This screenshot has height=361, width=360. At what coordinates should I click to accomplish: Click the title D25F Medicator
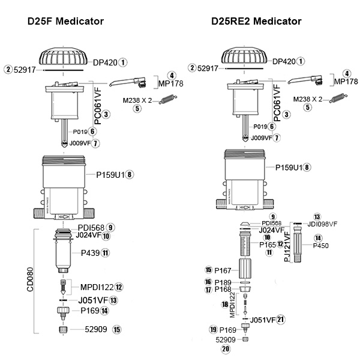pos(66,22)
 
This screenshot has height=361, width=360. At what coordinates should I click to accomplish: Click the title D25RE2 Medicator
pos(256,22)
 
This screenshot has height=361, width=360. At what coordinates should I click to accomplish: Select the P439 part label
pos(89,253)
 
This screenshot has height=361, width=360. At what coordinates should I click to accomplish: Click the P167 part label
pos(223,270)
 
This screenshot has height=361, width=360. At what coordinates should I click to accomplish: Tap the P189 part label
pos(223,282)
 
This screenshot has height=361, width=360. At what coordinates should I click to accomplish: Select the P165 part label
pos(267,244)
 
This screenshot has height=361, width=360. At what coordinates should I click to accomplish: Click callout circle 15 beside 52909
pos(117,329)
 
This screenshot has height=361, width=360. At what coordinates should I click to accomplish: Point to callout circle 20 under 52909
pos(226,349)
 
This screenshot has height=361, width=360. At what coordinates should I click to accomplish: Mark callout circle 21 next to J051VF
pos(280,320)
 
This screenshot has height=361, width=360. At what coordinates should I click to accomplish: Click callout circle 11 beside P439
pos(106,253)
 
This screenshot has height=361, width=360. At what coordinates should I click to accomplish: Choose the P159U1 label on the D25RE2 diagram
pos(287,167)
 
